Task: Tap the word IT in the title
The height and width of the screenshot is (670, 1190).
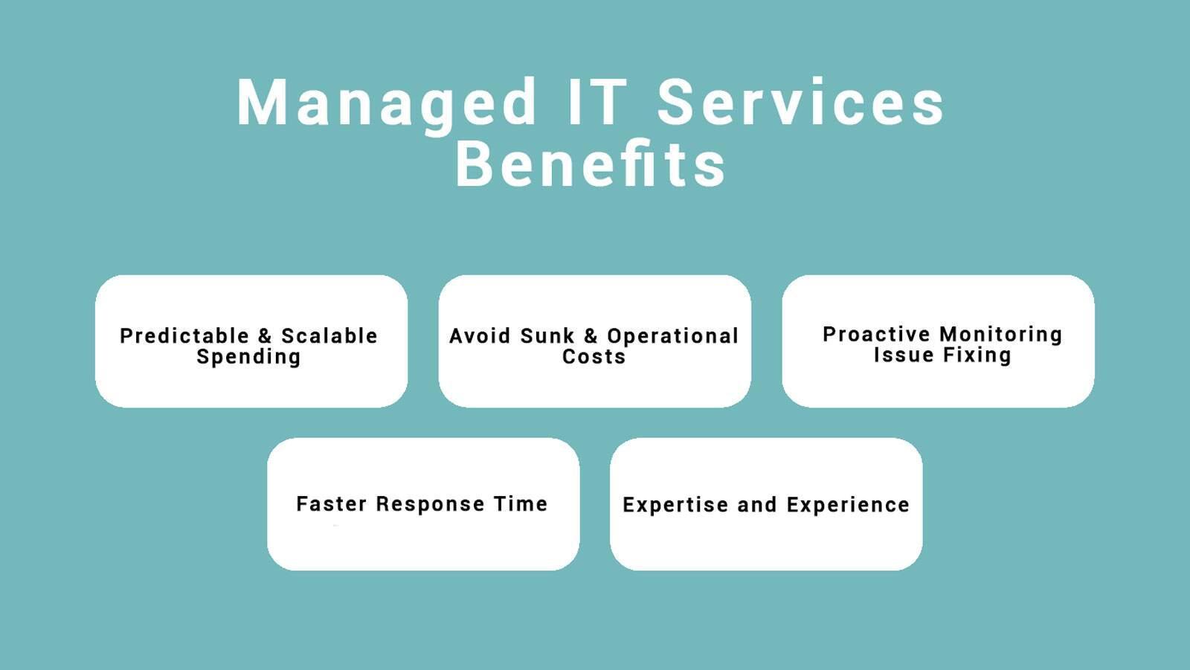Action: [598, 101]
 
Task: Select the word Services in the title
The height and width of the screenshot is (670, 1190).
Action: [800, 101]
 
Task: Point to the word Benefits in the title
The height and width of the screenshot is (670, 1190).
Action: [591, 163]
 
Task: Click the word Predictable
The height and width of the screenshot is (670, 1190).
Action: [184, 336]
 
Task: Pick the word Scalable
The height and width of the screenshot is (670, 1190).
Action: [329, 336]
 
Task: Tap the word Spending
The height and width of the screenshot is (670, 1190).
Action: [248, 357]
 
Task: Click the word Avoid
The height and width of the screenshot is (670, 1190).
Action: [480, 336]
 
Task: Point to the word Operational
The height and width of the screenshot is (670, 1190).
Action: [672, 337]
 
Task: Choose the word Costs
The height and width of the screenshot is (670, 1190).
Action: [594, 356]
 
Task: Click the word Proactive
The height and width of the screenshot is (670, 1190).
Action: [876, 334]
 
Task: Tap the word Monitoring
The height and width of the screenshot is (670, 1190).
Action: [1001, 335]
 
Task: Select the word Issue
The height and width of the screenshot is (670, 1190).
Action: [904, 355]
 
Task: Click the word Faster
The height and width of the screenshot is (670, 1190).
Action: [332, 503]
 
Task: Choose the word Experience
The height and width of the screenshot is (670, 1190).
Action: [848, 506]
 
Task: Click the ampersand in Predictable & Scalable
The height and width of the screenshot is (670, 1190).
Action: [265, 336]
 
